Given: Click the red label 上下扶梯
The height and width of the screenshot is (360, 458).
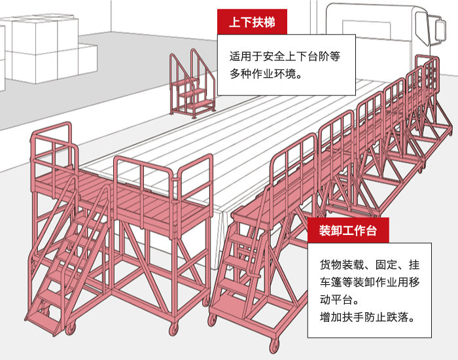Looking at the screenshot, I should [252, 22].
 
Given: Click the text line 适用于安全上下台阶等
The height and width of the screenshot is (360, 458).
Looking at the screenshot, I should [285, 56].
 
